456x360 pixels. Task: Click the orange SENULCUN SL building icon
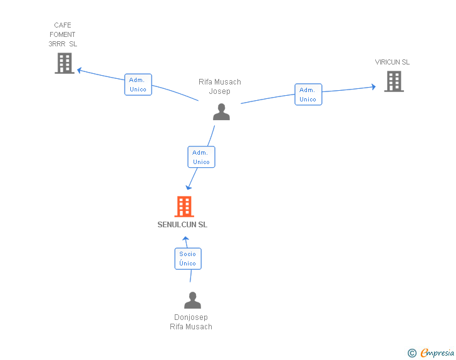[184, 207]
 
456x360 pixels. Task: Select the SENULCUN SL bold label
[182, 225]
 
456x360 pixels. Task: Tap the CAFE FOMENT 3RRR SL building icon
[65, 63]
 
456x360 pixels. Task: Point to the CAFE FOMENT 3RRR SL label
[63, 35]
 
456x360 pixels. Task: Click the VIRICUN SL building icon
[393, 81]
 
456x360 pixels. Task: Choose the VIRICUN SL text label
[392, 62]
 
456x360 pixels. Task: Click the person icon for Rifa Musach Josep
[221, 111]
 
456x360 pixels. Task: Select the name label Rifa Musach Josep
[220, 86]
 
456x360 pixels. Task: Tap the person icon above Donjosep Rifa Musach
[192, 300]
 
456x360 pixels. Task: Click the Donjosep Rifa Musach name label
[191, 322]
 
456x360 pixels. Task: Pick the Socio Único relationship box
[187, 259]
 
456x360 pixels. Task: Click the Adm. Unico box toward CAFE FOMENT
[138, 85]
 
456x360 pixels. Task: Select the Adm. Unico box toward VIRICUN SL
[308, 95]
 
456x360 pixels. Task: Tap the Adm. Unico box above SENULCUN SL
[201, 157]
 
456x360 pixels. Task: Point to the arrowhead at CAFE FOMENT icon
[80, 70]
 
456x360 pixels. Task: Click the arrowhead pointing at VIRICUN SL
[373, 87]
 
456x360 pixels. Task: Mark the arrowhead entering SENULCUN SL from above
[189, 187]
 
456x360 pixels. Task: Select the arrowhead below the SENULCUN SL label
[185, 239]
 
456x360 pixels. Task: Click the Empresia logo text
[437, 352]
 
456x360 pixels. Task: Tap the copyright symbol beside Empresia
[412, 353]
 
